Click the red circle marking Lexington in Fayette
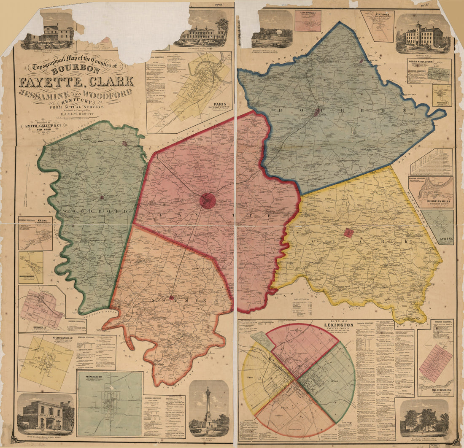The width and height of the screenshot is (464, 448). click(208, 201)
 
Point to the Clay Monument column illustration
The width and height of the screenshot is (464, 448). click(208, 407)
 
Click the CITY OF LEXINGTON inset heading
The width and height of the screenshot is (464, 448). click(339, 325)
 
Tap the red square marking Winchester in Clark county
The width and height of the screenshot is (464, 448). click(348, 232)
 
